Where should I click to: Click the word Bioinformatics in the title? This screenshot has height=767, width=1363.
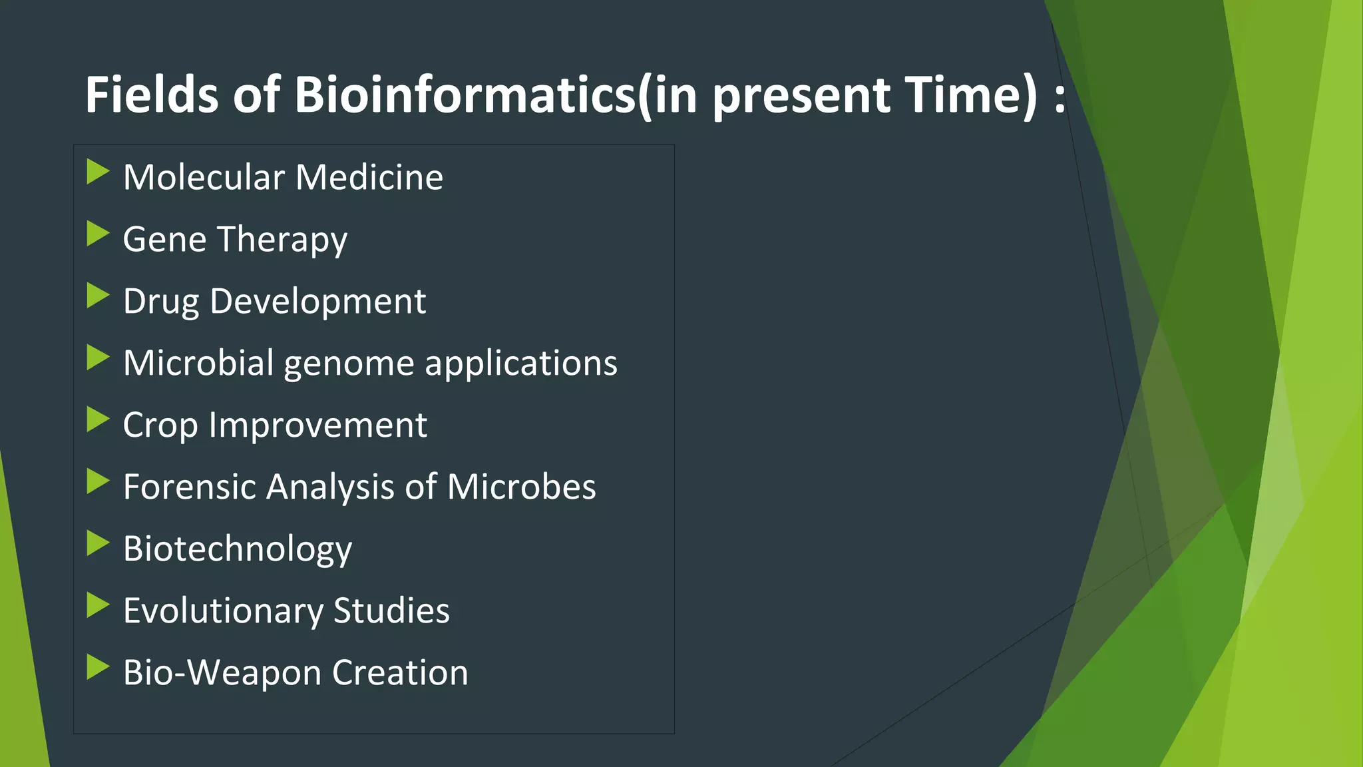click(x=465, y=95)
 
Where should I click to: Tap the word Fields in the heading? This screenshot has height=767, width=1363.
click(x=151, y=95)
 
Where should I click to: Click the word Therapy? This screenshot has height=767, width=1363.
click(x=282, y=240)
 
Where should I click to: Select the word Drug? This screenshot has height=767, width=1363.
click(x=160, y=302)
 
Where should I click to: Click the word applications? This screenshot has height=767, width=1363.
click(x=521, y=364)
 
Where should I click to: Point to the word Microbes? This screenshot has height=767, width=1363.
click(x=521, y=487)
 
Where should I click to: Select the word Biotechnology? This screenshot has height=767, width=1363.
click(x=238, y=549)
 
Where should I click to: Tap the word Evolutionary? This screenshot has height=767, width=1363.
click(x=223, y=611)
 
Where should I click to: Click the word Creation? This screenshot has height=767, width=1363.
click(x=400, y=672)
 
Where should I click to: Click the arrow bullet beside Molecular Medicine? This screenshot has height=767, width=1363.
click(x=97, y=172)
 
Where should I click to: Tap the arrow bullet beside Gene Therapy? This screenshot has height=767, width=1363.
click(x=97, y=234)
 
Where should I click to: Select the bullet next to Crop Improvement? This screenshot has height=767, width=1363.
click(x=97, y=420)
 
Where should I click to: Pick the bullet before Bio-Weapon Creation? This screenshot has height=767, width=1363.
click(x=97, y=668)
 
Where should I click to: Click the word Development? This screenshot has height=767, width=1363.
click(x=317, y=302)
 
